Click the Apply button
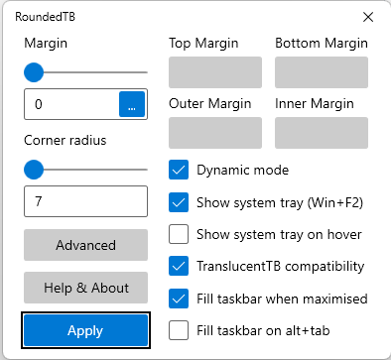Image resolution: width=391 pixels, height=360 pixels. click(x=85, y=330)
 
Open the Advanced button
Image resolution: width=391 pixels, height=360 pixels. click(x=85, y=245)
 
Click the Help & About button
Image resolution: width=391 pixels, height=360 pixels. click(x=85, y=288)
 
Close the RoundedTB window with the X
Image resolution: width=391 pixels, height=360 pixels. click(x=368, y=17)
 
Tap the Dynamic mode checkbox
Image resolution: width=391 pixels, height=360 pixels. click(x=179, y=170)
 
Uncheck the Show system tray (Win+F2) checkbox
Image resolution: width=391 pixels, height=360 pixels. click(x=179, y=202)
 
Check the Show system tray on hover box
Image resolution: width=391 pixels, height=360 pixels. click(x=179, y=235)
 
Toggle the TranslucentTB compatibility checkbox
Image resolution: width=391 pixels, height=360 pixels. click(x=179, y=266)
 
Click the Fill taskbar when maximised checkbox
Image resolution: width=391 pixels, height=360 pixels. click(x=179, y=298)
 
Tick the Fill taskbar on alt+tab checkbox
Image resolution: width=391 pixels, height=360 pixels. click(x=179, y=329)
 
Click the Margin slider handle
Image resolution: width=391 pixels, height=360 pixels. click(x=34, y=72)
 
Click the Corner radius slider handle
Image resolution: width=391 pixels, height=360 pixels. click(x=34, y=170)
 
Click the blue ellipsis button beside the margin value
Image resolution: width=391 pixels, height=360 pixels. click(x=132, y=104)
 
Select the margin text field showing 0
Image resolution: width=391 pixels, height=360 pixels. click(x=69, y=104)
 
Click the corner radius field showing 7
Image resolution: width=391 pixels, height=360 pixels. click(x=85, y=201)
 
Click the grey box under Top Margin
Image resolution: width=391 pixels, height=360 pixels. click(x=215, y=72)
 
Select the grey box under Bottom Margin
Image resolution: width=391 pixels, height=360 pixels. click(x=322, y=72)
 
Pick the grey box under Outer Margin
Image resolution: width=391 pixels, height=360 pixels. click(x=215, y=133)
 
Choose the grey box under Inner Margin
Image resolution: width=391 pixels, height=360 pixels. click(x=322, y=133)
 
